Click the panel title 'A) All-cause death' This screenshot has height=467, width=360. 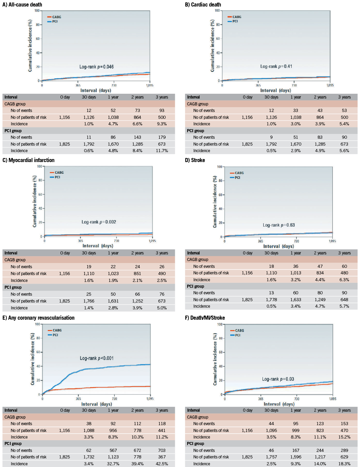click(x=22, y=4)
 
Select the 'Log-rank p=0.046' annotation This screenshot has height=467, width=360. click(x=97, y=67)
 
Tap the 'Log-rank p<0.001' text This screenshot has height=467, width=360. click(x=97, y=358)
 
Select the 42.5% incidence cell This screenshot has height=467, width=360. click(x=162, y=464)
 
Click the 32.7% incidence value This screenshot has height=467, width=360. click(x=113, y=464)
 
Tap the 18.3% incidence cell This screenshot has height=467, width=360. click(x=344, y=464)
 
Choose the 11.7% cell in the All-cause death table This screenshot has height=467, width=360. click(x=162, y=150)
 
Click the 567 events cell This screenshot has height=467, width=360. click(x=113, y=450)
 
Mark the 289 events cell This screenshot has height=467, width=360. click(x=344, y=450)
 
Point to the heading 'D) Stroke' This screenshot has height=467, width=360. click(x=195, y=160)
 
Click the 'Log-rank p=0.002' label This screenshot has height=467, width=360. click(x=99, y=222)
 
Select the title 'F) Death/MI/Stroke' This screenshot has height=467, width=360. click(x=205, y=318)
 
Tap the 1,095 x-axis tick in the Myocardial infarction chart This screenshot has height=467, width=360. click(x=152, y=241)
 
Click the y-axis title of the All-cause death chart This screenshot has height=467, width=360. click(x=30, y=45)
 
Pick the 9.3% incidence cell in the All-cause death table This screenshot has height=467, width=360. click(x=162, y=124)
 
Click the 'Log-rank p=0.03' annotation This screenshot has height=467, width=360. click(x=278, y=379)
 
